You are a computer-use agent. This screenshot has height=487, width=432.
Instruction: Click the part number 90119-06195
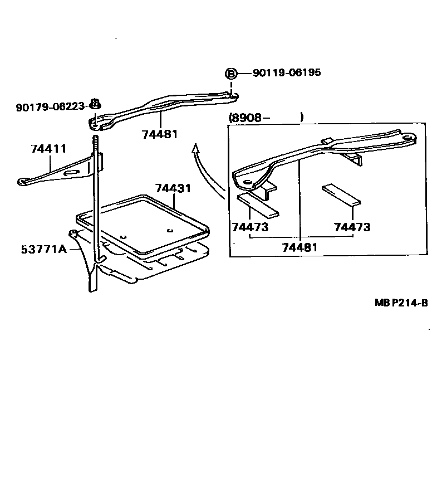tap(287, 73)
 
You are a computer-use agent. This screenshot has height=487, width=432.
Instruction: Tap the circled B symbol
tap(230, 74)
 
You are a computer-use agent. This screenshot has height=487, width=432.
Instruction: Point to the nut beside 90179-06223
tap(95, 104)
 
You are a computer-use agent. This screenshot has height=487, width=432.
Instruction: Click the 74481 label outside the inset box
tap(160, 135)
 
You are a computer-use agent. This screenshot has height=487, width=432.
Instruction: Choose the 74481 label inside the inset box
tap(300, 247)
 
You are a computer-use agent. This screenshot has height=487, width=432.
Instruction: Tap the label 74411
tap(49, 149)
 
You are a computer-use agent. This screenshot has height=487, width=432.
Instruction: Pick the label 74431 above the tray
tap(173, 188)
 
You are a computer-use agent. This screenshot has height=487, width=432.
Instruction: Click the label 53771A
tap(44, 249)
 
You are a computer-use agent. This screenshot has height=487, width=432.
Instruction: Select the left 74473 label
tap(250, 227)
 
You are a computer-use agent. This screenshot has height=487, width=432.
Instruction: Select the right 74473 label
tap(352, 227)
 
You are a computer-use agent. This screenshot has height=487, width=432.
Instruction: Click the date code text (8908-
tap(249, 117)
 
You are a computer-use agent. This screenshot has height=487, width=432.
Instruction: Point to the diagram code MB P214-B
tap(401, 303)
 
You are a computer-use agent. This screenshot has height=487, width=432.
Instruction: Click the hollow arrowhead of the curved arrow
tap(195, 148)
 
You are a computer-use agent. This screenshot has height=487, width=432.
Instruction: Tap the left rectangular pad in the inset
tap(258, 204)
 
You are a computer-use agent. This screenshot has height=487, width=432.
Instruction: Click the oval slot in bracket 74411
tap(72, 174)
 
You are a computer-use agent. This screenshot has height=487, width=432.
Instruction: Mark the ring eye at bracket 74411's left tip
tap(23, 181)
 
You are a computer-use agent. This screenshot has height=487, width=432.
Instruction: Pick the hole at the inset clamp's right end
tap(409, 137)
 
